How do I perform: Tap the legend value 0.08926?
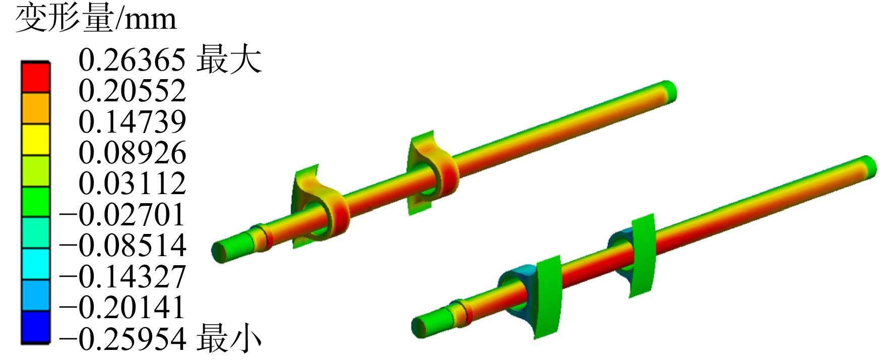[132, 153]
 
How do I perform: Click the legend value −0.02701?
[122, 214]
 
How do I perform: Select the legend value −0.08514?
[122, 246]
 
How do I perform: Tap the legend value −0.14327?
[122, 277]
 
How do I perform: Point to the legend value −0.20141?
[122, 308]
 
